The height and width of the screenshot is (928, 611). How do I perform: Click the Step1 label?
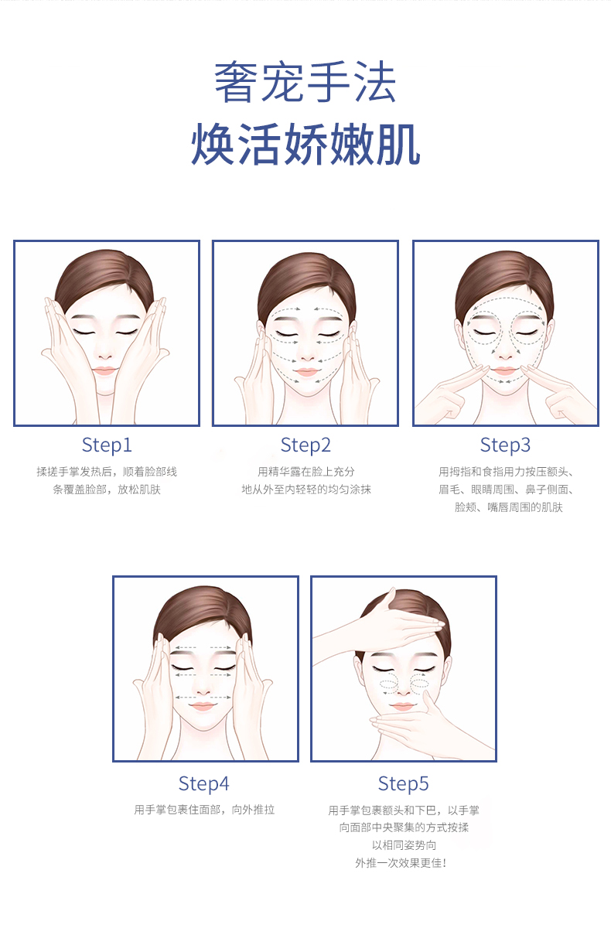click(x=107, y=445)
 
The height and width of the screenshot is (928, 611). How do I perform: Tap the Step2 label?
click(x=305, y=445)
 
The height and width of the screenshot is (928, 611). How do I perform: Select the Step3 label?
click(x=505, y=445)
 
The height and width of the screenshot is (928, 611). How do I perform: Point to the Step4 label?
click(x=204, y=784)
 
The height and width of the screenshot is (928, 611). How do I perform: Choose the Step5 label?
click(x=403, y=784)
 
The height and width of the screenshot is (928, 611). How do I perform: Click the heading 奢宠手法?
click(x=305, y=82)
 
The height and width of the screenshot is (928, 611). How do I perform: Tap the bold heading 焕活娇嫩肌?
click(x=305, y=144)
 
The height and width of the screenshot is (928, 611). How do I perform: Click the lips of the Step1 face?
click(x=105, y=370)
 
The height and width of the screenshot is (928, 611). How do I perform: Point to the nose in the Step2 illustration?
click(x=307, y=356)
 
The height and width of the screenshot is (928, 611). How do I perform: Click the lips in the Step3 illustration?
click(x=504, y=370)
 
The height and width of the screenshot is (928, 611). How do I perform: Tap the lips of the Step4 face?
click(x=203, y=706)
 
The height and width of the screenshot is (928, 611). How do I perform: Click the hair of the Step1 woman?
click(x=104, y=276)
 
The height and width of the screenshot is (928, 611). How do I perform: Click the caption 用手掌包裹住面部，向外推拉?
click(x=204, y=810)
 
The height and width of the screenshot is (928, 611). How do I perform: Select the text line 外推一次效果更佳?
click(x=401, y=863)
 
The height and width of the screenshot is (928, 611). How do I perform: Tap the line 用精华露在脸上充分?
click(x=306, y=472)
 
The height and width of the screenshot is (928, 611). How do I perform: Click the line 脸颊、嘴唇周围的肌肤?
click(x=509, y=507)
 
